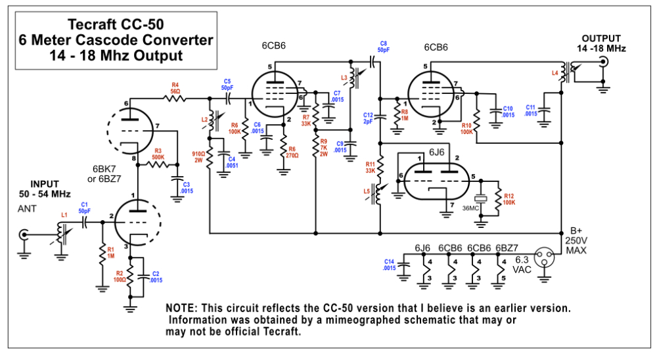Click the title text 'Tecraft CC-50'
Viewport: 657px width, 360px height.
[116, 25]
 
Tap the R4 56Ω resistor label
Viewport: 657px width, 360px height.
[175, 88]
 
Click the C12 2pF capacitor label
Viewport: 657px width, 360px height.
[369, 118]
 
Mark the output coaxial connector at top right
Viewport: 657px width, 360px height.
[602, 62]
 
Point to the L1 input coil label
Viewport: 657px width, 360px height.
[64, 214]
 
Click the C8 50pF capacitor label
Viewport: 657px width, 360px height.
[383, 47]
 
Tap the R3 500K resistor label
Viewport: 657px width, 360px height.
[158, 154]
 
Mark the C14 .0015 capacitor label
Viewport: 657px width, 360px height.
[390, 265]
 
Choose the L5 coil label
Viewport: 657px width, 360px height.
[367, 191]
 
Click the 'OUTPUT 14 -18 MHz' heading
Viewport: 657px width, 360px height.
[601, 43]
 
